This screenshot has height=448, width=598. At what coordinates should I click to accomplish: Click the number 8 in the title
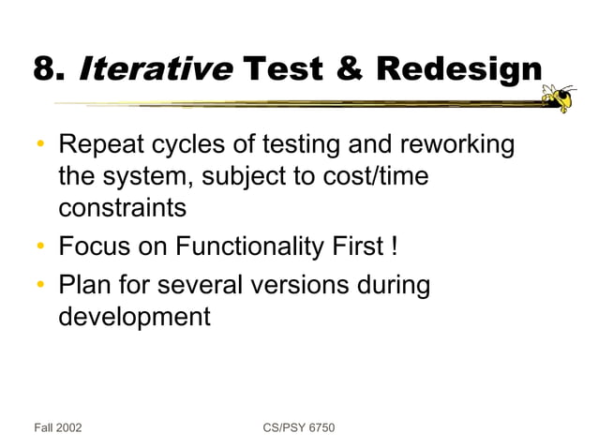(x=44, y=68)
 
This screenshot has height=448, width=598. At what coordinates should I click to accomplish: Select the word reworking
(x=459, y=147)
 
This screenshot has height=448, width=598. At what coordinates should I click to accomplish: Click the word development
(x=134, y=316)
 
